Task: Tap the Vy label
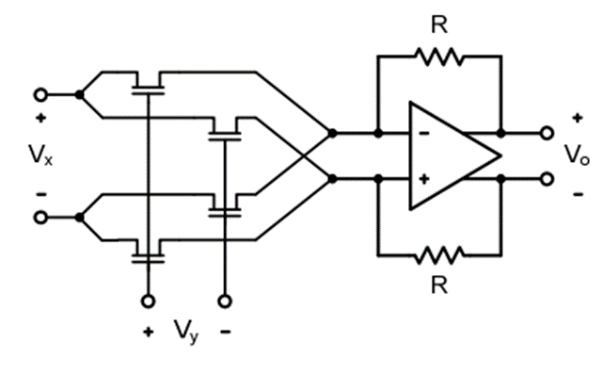185,332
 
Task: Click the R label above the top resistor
438,24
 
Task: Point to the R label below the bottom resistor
438,284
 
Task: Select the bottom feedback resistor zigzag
438,253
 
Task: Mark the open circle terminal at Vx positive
40,94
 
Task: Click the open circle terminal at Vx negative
40,218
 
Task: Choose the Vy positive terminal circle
147,302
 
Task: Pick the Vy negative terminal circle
224,302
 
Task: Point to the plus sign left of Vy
147,332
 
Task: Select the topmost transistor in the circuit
148,85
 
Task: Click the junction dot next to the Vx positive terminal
80,94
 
